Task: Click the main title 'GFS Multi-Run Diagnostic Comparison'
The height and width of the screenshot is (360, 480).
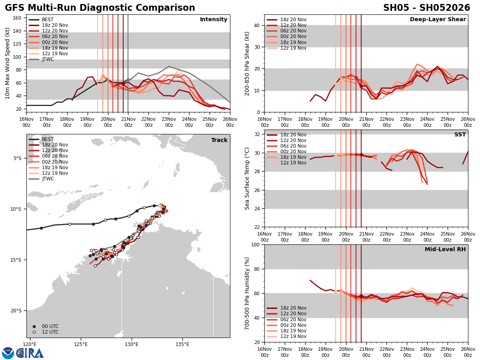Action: tap(100, 8)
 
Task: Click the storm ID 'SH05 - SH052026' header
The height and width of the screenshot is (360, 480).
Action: tap(426, 8)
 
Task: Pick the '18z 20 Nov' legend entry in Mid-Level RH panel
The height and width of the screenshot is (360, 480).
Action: tap(286, 308)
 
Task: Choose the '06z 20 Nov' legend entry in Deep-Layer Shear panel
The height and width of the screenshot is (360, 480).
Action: tap(286, 31)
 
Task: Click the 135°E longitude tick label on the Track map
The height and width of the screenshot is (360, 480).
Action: tap(182, 344)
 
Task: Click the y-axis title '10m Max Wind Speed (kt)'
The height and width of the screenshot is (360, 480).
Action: tap(8, 63)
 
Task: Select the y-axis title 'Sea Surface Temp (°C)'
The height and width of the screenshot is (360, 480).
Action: tap(247, 178)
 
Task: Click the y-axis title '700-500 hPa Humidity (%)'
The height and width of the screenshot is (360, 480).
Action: tap(247, 293)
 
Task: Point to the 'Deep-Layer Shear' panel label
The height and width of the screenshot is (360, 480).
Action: tap(438, 20)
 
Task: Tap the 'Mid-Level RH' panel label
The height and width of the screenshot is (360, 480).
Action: tap(445, 250)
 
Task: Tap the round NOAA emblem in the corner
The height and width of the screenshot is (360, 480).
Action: tap(8, 353)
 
